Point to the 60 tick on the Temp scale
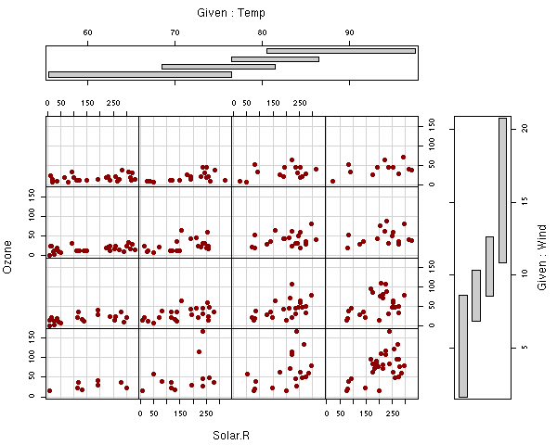[x=88, y=33]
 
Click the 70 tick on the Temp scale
[x=175, y=33]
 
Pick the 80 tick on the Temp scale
[x=263, y=33]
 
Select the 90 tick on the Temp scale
[x=350, y=33]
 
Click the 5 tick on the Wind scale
[x=525, y=347]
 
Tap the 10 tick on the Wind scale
[x=525, y=274]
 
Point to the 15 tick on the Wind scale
[x=525, y=201]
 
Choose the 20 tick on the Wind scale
[x=525, y=128]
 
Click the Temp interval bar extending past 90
[x=341, y=50]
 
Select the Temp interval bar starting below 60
[x=139, y=74]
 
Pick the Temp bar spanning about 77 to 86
[x=275, y=58]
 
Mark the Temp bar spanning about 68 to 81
[x=218, y=67]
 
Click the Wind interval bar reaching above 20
[x=502, y=190]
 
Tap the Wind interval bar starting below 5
[x=463, y=346]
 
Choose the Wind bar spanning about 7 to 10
[x=476, y=295]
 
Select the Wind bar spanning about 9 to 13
[x=489, y=266]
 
